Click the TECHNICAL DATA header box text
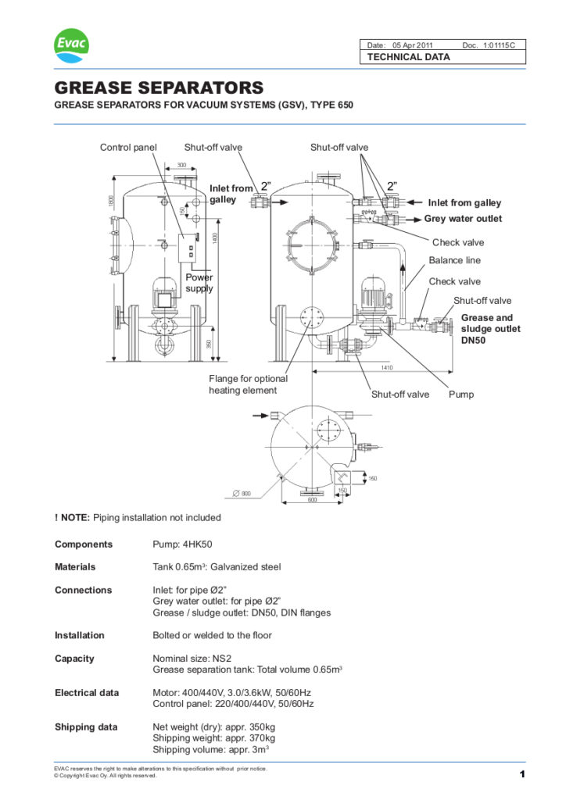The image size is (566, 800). pyautogui.click(x=401, y=58)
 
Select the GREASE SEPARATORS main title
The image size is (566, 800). pyautogui.click(x=159, y=87)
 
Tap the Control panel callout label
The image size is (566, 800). pyautogui.click(x=128, y=147)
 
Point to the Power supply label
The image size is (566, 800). pyautogui.click(x=199, y=283)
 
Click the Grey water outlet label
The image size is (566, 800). pyautogui.click(x=463, y=219)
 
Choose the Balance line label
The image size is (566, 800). pyautogui.click(x=454, y=260)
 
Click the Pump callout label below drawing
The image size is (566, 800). pyautogui.click(x=460, y=395)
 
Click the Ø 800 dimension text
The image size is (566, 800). pyautogui.click(x=242, y=493)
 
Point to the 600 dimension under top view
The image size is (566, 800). pyautogui.click(x=311, y=500)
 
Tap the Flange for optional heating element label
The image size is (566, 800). pyautogui.click(x=248, y=384)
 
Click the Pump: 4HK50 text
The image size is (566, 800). pyautogui.click(x=184, y=545)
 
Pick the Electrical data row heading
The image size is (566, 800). pyautogui.click(x=87, y=692)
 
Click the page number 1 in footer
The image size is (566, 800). pyautogui.click(x=521, y=774)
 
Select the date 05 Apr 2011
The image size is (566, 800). pyautogui.click(x=415, y=45)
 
